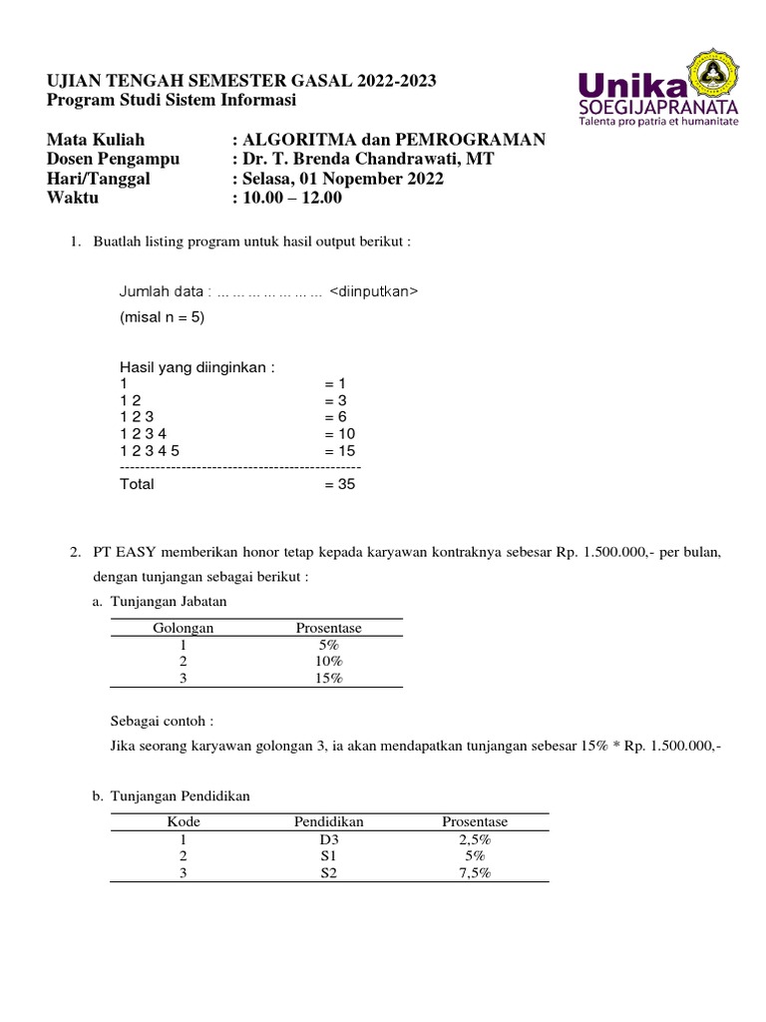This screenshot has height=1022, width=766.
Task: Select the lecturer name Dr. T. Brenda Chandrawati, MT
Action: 367,159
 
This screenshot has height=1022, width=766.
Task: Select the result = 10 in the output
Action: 339,433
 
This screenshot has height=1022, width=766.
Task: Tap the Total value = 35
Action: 339,484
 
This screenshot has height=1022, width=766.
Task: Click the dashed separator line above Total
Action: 239,467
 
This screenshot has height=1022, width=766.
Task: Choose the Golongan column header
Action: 183,628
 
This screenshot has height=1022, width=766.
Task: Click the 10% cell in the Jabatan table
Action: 328,661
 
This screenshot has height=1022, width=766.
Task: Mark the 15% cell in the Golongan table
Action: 328,678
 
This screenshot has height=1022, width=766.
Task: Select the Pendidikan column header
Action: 328,821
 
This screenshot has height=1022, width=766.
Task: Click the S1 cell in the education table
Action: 328,855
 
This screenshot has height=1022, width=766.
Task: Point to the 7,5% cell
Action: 475,872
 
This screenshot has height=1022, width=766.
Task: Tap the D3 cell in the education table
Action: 328,839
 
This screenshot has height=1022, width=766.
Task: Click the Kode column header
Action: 183,821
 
